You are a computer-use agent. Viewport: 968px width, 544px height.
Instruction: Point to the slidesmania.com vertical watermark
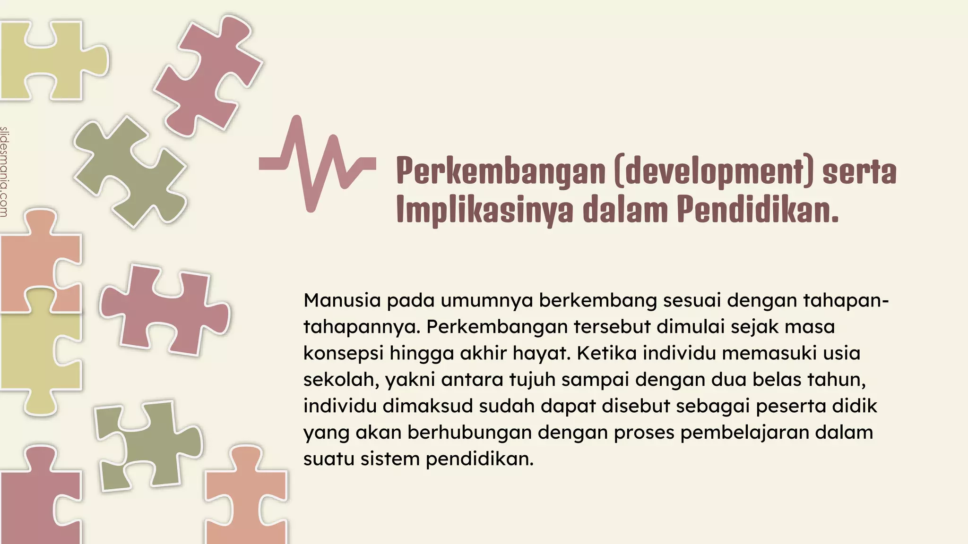point(4,172)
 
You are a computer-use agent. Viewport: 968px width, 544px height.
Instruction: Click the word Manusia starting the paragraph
point(342,300)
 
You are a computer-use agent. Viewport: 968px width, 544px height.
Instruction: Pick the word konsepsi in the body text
point(343,353)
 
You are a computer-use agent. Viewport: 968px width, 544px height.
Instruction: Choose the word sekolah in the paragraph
point(341,380)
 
